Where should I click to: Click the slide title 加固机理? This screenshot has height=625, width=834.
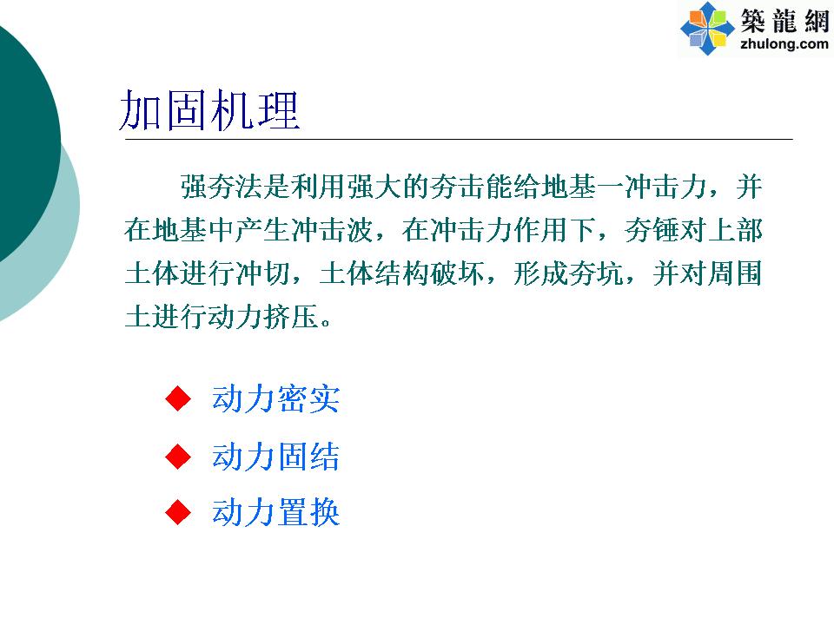(209, 110)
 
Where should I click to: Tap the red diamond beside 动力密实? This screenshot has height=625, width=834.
(178, 398)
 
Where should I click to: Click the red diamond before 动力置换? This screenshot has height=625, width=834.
(178, 512)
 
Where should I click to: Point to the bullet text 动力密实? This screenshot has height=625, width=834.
(275, 398)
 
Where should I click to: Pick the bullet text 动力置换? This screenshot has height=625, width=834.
(275, 512)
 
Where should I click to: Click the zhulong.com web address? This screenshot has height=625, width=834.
(784, 44)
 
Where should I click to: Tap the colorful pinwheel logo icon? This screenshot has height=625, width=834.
(707, 29)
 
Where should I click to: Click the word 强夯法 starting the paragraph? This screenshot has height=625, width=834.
(222, 187)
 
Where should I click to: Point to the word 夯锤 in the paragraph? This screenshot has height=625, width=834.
(652, 230)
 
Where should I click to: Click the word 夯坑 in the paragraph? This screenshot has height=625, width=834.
(596, 273)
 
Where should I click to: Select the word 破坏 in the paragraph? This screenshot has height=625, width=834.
(456, 273)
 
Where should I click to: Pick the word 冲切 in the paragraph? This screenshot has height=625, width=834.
(261, 273)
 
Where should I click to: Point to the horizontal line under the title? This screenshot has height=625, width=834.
(459, 139)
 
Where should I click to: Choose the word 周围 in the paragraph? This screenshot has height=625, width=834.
(736, 273)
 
